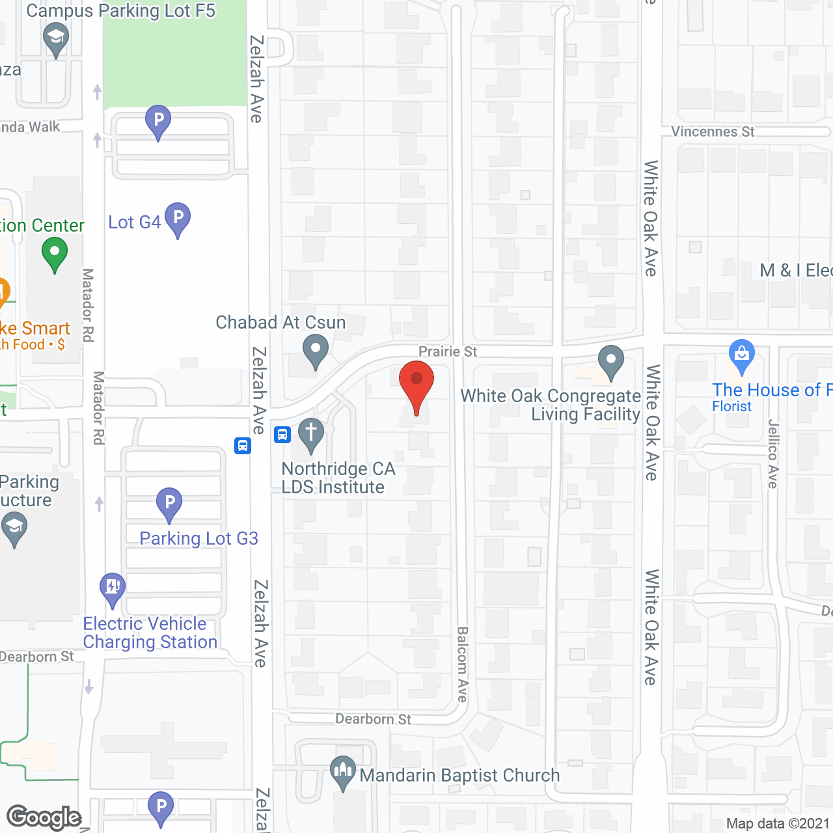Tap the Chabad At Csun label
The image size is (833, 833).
pos(280,323)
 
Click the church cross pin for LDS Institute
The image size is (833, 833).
pos(311,434)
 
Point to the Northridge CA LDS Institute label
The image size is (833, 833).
pos(338,478)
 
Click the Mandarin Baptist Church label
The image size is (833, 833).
pos(459,776)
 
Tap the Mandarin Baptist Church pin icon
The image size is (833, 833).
pos(343,773)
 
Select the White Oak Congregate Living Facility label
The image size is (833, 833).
pos(551,405)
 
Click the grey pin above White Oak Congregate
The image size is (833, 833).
pos(610,361)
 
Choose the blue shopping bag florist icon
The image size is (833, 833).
pos(741,356)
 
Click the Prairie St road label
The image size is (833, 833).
pos(448,352)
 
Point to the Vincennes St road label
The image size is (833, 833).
pos(713,132)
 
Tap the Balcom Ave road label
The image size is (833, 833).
pos(462,664)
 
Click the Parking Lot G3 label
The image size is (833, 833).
pos(198,539)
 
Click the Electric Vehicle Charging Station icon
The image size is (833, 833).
pos(113,588)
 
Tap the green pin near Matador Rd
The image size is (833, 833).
pos(55,253)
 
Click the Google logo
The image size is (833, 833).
pos(44,817)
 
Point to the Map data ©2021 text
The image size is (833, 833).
pos(778,824)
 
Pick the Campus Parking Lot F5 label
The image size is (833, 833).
pos(120,11)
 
